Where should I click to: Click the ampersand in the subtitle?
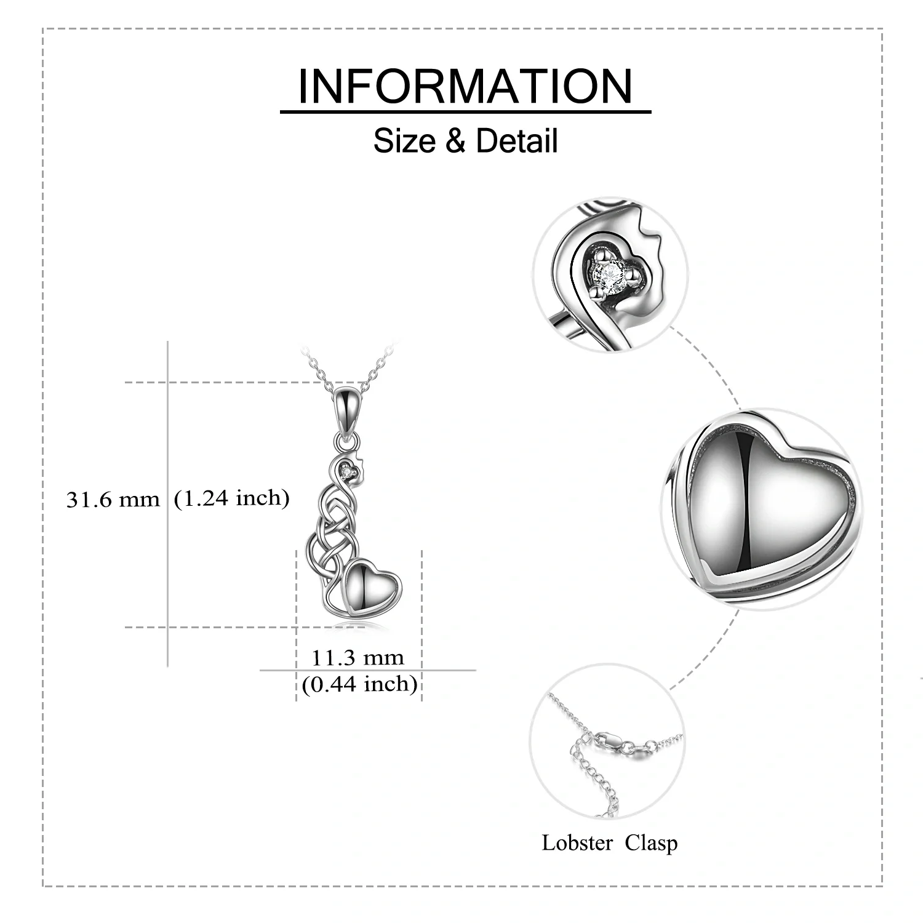point(455,142)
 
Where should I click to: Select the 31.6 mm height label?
point(113,500)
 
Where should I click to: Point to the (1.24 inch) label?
point(231,498)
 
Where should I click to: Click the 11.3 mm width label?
point(357,658)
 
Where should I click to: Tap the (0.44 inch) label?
point(359,684)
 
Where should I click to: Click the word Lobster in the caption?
point(577,842)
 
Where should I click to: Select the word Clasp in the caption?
point(651,842)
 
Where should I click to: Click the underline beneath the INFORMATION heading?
point(465,112)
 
